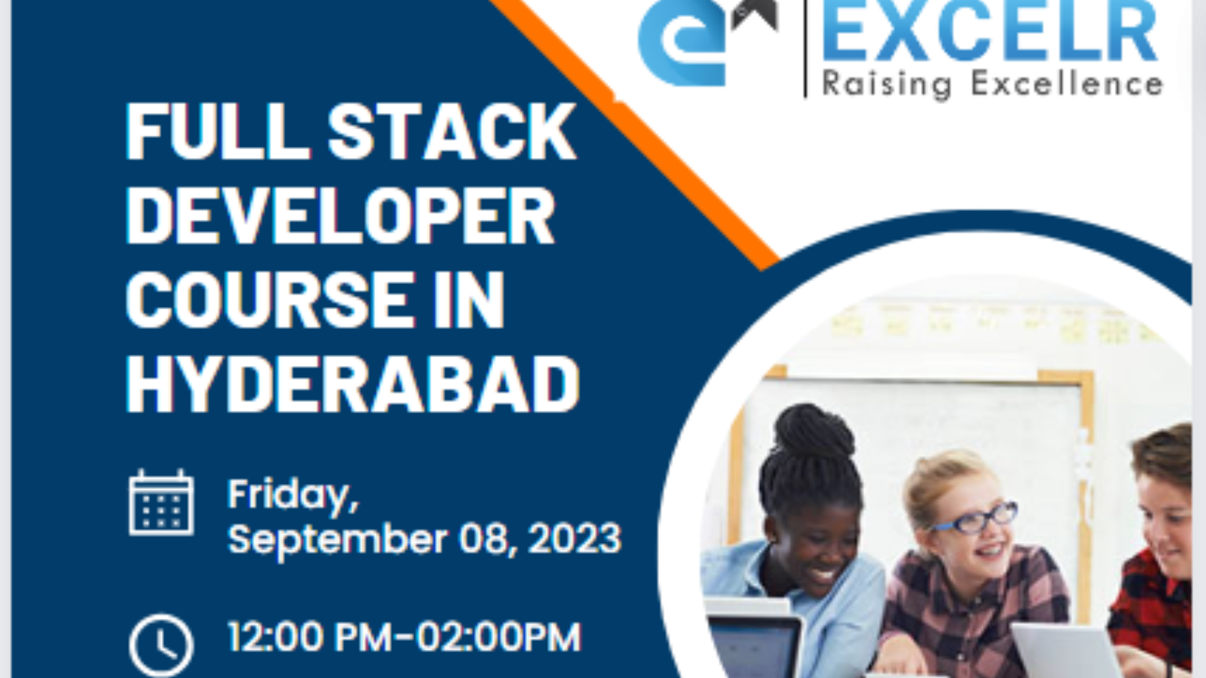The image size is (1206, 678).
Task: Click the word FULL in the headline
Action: coord(217,132)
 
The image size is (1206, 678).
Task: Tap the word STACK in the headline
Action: coord(451,132)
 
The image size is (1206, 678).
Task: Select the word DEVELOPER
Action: coord(340,216)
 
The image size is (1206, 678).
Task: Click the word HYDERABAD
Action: coord(352,384)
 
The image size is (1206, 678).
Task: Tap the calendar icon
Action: coord(161,503)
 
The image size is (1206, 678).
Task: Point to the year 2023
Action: coord(575,539)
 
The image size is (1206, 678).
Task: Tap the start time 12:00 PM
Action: coord(307,637)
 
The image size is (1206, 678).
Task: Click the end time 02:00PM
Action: coord(499,637)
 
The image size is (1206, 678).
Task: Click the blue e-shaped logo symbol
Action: coord(682,44)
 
